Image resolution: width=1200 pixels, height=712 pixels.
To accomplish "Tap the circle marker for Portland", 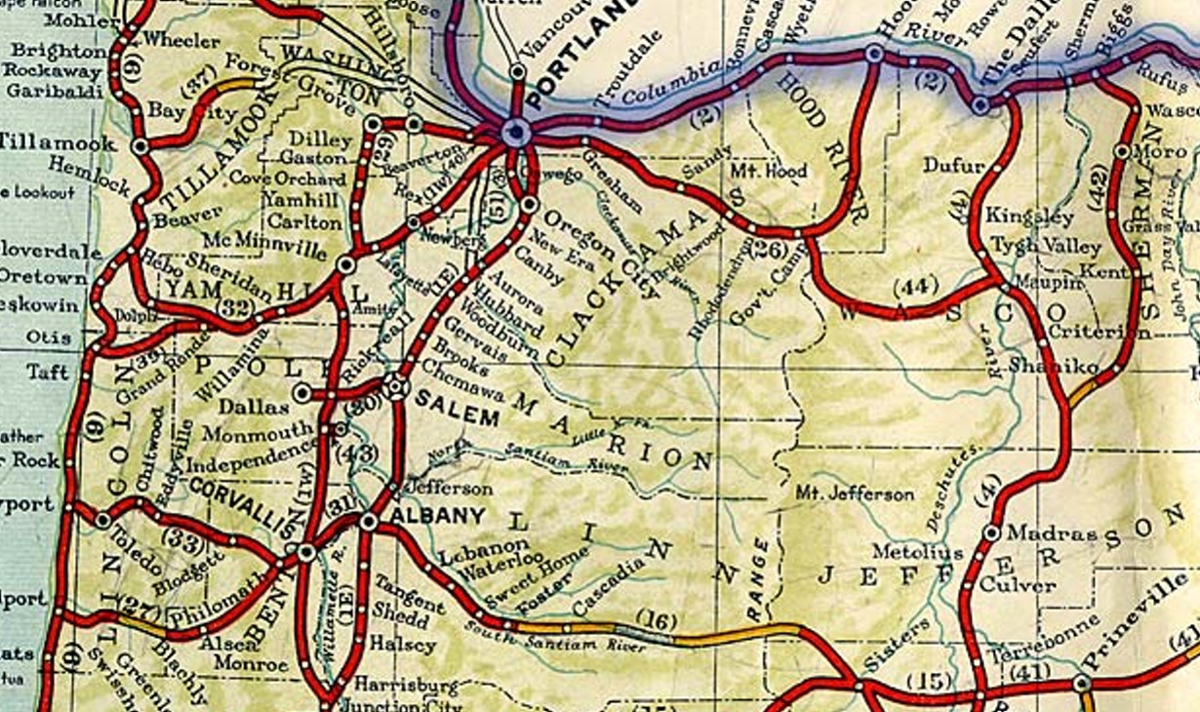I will pos(515,133).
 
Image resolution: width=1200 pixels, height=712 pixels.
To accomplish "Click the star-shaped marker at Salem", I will pos(396,386).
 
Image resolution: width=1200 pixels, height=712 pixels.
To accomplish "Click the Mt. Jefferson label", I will pos(855,494).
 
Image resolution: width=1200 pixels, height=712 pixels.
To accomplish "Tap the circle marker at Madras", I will pos(991,533).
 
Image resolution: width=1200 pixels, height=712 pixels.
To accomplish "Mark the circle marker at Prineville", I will pos(1082,684).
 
